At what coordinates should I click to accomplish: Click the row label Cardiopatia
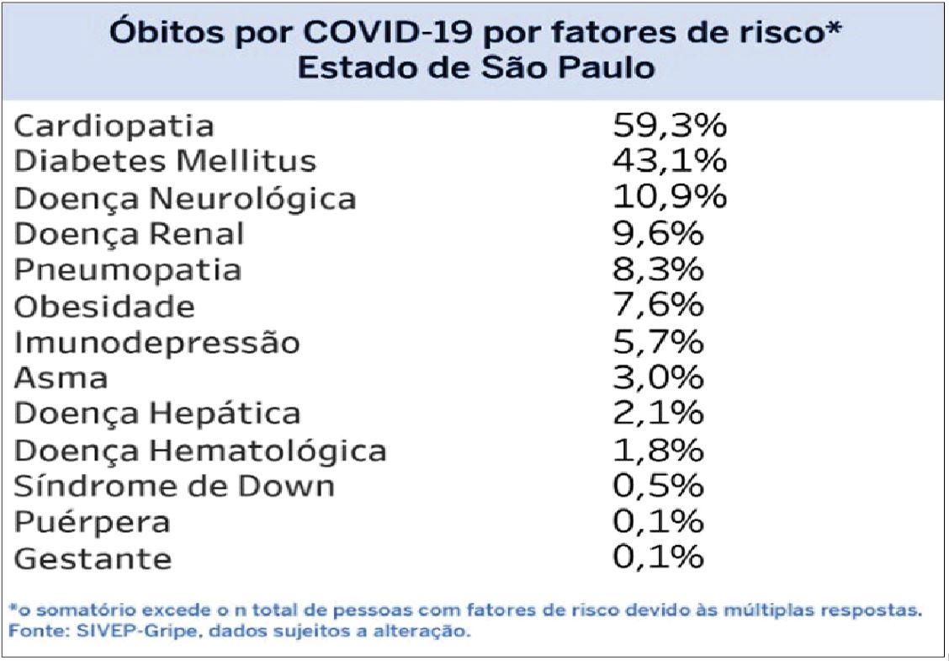coord(114,126)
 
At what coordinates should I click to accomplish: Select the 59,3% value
coord(669,126)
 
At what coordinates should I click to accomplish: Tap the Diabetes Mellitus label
coord(166,161)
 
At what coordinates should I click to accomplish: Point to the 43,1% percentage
coord(669,161)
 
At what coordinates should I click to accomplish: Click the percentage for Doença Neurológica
coord(669,197)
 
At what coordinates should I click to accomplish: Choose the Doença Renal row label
coord(130,233)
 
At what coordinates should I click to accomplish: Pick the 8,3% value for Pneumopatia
coord(657,269)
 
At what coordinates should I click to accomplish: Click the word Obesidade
coord(104,306)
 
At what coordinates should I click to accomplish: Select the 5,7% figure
coord(657,342)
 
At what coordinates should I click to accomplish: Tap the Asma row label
coord(61,378)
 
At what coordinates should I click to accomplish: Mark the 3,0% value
coord(657,378)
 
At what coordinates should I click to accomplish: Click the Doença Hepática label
coord(157,414)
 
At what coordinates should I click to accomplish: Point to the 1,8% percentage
coord(657,450)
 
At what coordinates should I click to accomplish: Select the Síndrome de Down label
coord(175,487)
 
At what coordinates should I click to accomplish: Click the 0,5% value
coord(657,487)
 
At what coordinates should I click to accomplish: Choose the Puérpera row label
coord(93,522)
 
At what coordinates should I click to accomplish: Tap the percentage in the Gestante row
coord(657,557)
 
